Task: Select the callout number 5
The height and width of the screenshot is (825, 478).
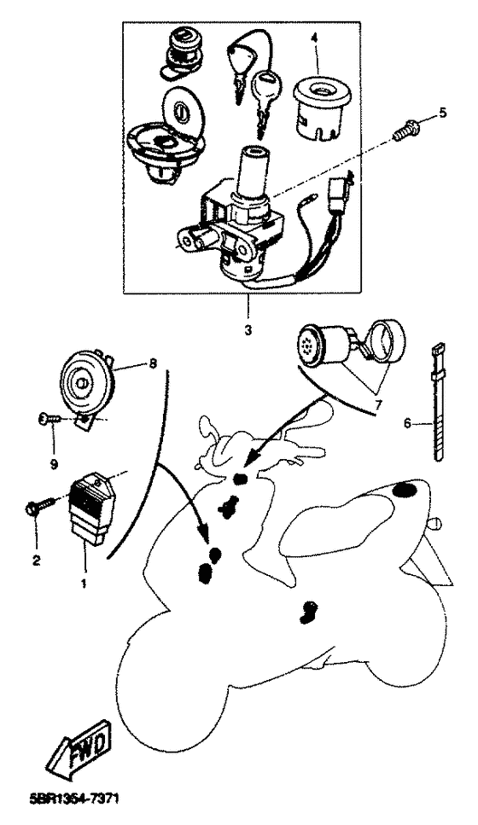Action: coord(442,111)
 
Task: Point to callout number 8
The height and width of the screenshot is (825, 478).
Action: coord(153,363)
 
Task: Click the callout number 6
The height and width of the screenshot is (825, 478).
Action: coord(407,423)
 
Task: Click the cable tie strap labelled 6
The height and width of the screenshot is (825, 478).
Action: coord(437,401)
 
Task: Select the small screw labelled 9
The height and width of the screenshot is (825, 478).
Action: coord(50,419)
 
